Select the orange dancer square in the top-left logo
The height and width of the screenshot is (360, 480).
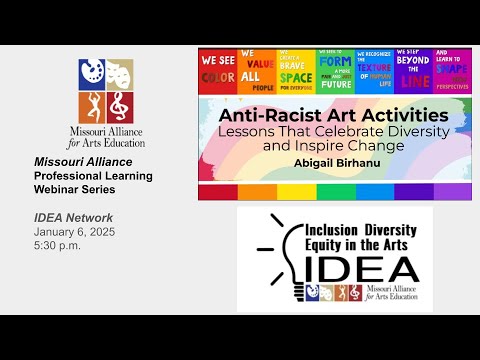91,102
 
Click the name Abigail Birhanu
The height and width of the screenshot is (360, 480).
335,160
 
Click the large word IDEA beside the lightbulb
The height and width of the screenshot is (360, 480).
361,267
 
